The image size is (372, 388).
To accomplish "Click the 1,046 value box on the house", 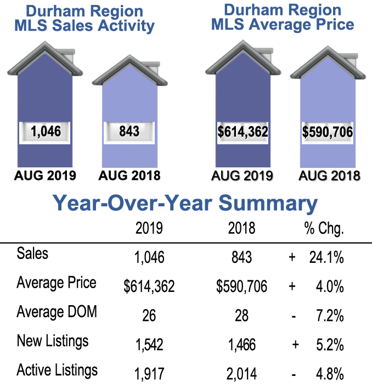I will pyautogui.click(x=47, y=132).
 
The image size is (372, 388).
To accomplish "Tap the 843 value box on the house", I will pyautogui.click(x=129, y=132).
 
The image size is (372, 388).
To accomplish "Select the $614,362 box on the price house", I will pyautogui.click(x=243, y=132).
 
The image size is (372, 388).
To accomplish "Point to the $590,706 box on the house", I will pyautogui.click(x=327, y=132).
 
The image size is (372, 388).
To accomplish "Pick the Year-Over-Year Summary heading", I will pyautogui.click(x=185, y=203).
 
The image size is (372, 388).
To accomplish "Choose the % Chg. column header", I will pyautogui.click(x=324, y=228).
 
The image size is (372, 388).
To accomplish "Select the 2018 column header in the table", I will pyautogui.click(x=241, y=228).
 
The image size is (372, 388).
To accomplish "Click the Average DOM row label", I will pyautogui.click(x=57, y=312).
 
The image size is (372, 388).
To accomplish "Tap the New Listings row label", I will pyautogui.click(x=53, y=341).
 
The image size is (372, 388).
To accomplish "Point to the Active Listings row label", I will pyautogui.click(x=57, y=370).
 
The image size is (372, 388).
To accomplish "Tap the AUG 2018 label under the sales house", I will pyautogui.click(x=129, y=176).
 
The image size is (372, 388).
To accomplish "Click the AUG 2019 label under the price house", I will pyautogui.click(x=243, y=176).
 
